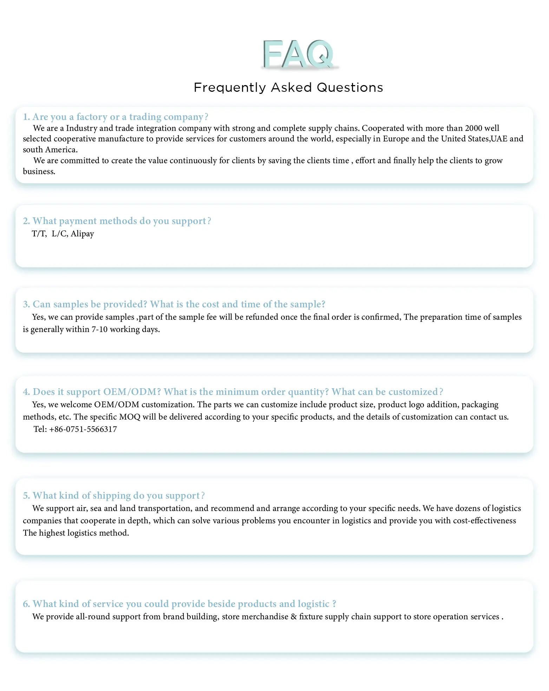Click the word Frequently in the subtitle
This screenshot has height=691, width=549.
click(230, 88)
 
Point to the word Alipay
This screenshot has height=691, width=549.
click(82, 234)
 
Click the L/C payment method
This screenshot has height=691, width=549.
click(59, 234)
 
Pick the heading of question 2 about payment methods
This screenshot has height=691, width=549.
click(117, 221)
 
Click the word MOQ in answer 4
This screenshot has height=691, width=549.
click(130, 417)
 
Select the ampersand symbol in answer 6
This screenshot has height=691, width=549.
click(294, 617)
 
